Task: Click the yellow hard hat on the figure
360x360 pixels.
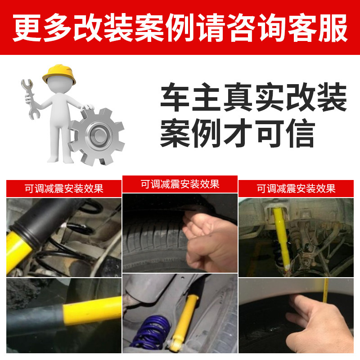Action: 59,73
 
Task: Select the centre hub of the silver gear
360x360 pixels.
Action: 98,135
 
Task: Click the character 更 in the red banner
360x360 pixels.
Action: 27,28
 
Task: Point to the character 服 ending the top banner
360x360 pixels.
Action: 333,28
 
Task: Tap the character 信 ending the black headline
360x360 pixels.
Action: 300,133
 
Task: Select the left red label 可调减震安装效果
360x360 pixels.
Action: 64,189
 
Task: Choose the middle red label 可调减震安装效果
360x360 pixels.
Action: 180,184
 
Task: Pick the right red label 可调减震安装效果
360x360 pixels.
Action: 296,189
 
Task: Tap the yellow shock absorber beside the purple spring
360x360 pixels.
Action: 184,321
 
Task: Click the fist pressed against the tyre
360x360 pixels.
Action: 210,241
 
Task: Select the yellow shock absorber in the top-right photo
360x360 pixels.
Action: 282,239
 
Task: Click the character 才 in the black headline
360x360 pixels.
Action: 238,133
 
